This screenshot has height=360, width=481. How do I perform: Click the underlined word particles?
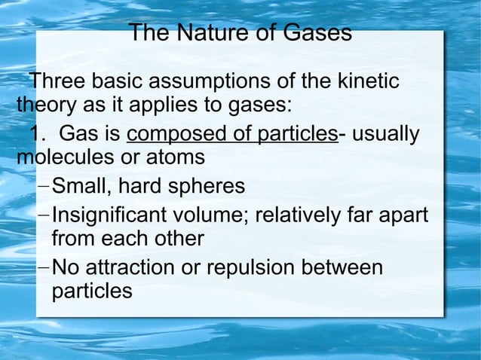tap(297, 135)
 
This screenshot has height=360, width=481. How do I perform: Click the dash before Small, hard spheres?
tap(43, 186)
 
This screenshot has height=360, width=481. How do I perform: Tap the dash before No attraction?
tap(43, 268)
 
